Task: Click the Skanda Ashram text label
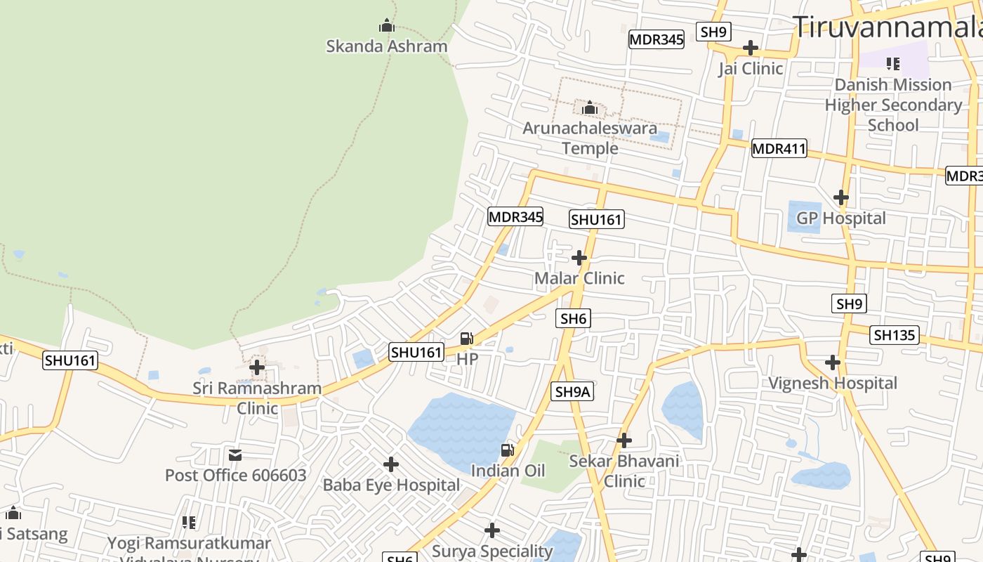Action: pyautogui.click(x=386, y=46)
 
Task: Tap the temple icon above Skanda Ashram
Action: pyautogui.click(x=386, y=26)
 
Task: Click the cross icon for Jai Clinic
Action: pyautogui.click(x=751, y=48)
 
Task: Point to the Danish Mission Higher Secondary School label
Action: pyautogui.click(x=893, y=105)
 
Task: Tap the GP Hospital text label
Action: pyautogui.click(x=840, y=218)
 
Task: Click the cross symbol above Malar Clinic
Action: pyautogui.click(x=579, y=258)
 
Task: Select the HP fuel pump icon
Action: pyautogui.click(x=466, y=339)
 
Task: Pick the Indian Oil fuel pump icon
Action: pyautogui.click(x=507, y=450)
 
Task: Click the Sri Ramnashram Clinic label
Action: pyautogui.click(x=257, y=398)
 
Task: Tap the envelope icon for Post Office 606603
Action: pyautogui.click(x=235, y=455)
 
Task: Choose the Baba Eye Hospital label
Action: pyautogui.click(x=391, y=485)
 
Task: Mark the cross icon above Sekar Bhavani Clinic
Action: pyautogui.click(x=624, y=440)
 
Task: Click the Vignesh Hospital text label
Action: pyautogui.click(x=833, y=384)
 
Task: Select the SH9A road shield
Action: pyautogui.click(x=573, y=392)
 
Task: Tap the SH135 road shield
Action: pyautogui.click(x=895, y=335)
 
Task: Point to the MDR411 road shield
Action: pyautogui.click(x=779, y=149)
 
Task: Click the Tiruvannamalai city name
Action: pyautogui.click(x=888, y=27)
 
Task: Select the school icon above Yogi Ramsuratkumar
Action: pyautogui.click(x=188, y=522)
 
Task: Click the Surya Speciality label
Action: pyautogui.click(x=492, y=551)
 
